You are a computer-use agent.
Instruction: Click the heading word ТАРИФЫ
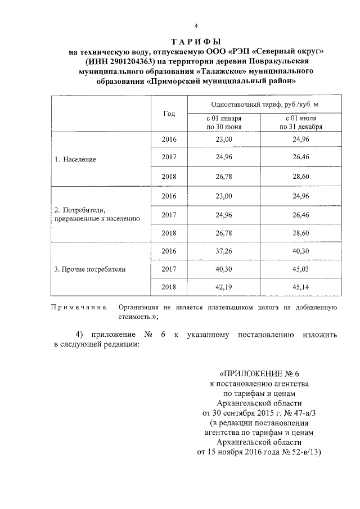(x=196, y=42)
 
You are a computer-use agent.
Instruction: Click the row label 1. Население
(x=75, y=159)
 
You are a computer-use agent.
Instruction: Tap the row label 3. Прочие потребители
(x=90, y=269)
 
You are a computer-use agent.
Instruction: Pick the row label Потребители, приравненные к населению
(x=97, y=214)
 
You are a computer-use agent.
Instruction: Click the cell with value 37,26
(x=224, y=251)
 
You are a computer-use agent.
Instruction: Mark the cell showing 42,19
(x=224, y=287)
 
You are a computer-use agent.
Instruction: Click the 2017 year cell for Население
(x=169, y=159)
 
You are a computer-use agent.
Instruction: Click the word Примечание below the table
(x=79, y=308)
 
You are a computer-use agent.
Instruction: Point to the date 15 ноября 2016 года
(x=240, y=451)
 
